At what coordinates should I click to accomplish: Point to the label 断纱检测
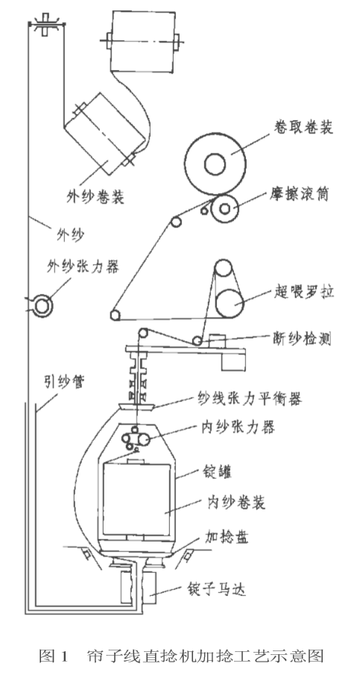point(302,339)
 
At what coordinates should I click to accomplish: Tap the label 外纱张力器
point(83,266)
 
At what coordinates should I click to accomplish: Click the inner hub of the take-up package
point(215,164)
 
